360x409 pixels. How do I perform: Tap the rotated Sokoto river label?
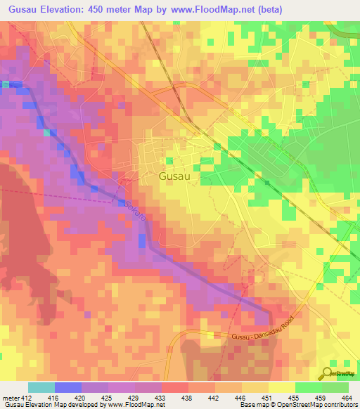(x=136, y=211)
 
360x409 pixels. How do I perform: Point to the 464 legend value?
(x=347, y=397)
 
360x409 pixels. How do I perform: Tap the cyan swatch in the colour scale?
(x=41, y=387)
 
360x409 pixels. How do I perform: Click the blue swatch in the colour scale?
(x=68, y=387)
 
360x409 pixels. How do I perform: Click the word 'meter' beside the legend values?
(x=11, y=397)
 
